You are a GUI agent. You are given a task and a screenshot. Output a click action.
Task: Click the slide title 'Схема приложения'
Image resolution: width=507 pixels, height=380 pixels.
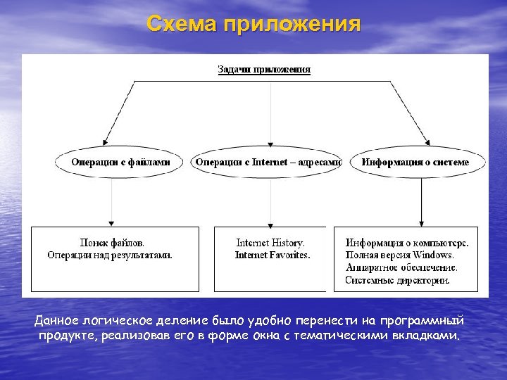coord(254,25)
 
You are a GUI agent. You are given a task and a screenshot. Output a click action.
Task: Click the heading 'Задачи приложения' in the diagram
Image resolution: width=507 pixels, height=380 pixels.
coord(264,70)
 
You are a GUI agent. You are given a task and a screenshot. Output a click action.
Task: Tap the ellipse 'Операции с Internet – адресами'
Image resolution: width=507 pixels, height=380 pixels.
coord(268,163)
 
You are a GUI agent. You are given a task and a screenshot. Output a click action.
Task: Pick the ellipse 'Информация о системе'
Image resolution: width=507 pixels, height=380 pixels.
coord(415,163)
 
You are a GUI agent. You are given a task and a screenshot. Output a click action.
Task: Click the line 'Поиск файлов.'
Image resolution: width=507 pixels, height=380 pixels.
coord(113,243)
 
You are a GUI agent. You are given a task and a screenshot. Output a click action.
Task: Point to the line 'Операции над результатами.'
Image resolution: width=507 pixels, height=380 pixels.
coord(110,255)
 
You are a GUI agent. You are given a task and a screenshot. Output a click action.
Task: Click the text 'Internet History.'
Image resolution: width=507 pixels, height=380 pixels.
coord(270,243)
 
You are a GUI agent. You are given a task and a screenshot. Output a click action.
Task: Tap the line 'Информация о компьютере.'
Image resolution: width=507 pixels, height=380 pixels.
coord(407,243)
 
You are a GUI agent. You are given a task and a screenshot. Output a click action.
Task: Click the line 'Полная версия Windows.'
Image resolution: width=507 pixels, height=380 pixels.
coord(399,255)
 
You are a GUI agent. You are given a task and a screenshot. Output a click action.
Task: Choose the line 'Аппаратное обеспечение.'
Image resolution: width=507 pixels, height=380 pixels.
coord(401,267)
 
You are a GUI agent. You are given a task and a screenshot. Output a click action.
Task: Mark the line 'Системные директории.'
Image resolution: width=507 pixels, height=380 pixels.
coord(397,280)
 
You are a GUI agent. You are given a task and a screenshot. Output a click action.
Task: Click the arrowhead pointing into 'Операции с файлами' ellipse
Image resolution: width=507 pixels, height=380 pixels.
coord(106,141)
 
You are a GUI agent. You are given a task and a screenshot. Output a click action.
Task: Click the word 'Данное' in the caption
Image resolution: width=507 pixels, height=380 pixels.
coord(54,322)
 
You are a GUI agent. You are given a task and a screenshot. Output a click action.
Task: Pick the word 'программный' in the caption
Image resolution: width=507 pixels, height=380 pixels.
coord(430,322)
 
